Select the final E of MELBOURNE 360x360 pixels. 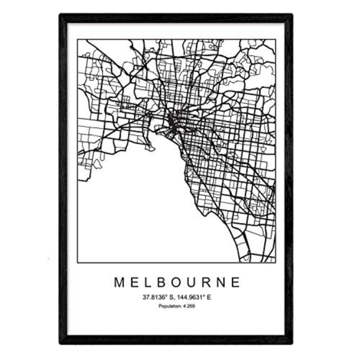(236, 283)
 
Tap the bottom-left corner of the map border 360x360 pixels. (78, 262)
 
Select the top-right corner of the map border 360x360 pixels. (275, 40)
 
